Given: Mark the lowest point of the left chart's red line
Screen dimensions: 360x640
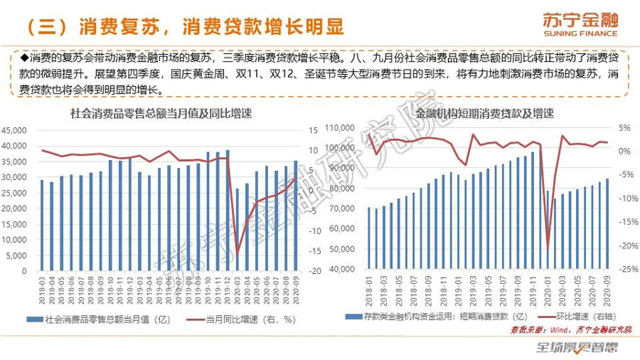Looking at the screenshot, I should (238, 254).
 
